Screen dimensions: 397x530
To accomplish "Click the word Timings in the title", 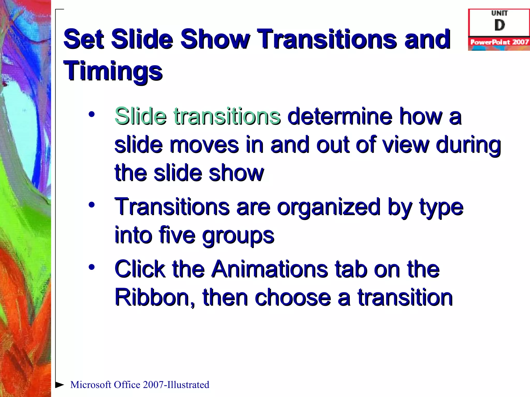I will tap(113, 71).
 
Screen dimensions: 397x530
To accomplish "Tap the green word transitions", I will tap(227, 116).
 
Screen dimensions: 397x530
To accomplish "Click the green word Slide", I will tap(141, 116).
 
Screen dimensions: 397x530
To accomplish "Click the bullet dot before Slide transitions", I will tap(92, 114).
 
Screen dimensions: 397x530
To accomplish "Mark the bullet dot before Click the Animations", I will tap(92, 267).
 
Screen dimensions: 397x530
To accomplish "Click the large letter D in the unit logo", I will tap(499, 25).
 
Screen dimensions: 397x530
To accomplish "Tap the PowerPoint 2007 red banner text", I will tap(499, 42).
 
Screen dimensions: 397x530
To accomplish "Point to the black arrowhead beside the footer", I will tap(60, 385).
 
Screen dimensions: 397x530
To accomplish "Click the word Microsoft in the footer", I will tap(91, 385).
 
